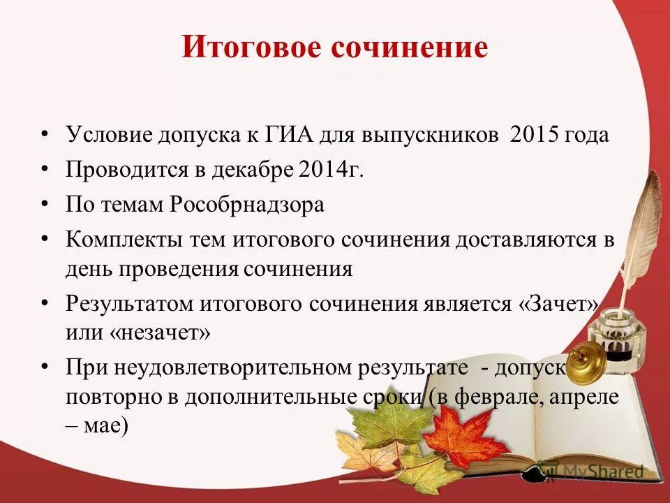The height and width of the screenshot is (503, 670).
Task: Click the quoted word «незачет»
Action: pos(159,333)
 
